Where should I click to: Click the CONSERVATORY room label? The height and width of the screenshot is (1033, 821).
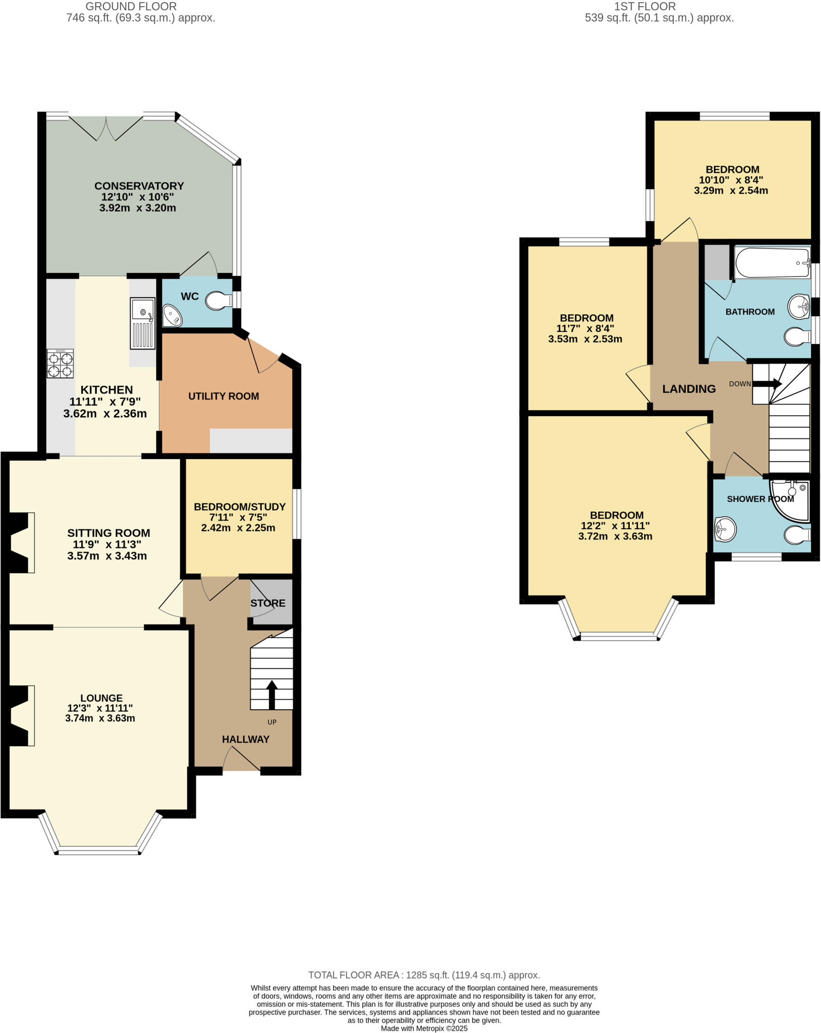point(139,186)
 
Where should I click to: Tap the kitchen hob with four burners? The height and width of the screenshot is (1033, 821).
point(60,364)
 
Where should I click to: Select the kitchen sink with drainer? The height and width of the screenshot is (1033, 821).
point(142,323)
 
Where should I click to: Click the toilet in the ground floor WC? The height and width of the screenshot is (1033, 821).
point(218,301)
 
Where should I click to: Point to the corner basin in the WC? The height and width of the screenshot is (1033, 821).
point(172,316)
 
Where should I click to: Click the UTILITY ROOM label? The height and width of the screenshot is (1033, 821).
point(224,396)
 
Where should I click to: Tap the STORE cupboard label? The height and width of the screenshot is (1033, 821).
point(268,603)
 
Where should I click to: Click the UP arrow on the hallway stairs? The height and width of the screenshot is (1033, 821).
point(271,694)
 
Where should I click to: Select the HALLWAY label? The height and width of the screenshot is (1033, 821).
point(246,739)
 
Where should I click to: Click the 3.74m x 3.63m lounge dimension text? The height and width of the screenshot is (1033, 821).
point(100,718)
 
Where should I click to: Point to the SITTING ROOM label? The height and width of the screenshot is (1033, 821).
point(108,533)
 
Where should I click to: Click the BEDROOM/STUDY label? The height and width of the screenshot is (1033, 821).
point(240,507)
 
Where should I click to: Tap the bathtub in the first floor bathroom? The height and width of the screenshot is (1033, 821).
point(772,263)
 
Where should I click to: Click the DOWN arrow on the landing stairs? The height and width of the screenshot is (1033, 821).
point(767,384)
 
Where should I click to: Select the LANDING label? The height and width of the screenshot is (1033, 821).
point(689,389)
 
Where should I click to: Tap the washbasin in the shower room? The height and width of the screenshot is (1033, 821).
point(725,529)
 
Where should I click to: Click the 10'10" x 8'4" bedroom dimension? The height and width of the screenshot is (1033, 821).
point(731,180)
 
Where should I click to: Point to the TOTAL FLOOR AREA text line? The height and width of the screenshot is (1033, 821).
point(424,975)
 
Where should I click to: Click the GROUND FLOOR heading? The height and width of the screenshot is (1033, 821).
point(131,7)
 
